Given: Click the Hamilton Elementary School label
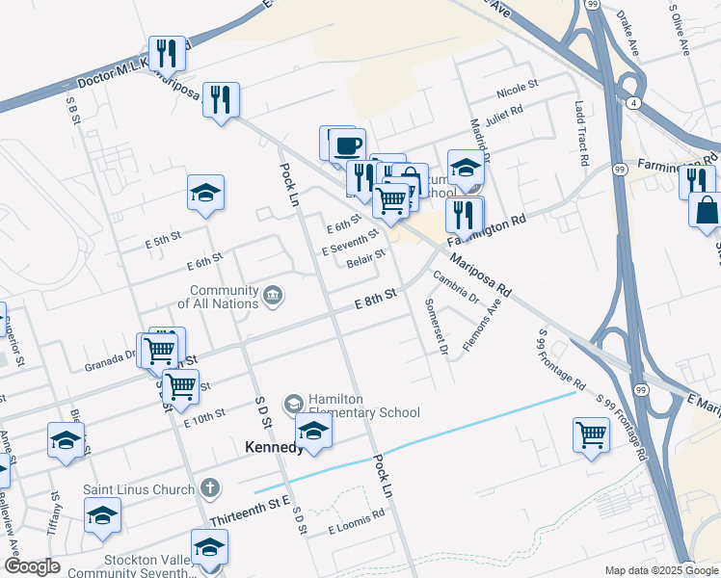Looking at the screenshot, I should (362, 406).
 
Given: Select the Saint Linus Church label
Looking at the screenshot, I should (139, 489).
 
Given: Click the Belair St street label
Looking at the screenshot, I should (366, 257).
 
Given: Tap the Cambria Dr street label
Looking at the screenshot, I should (456, 287).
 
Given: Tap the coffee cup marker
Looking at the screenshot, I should (347, 146).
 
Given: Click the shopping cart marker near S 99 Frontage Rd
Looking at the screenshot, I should (591, 433).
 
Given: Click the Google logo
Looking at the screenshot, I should (32, 566).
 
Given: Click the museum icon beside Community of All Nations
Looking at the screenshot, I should (273, 294).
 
